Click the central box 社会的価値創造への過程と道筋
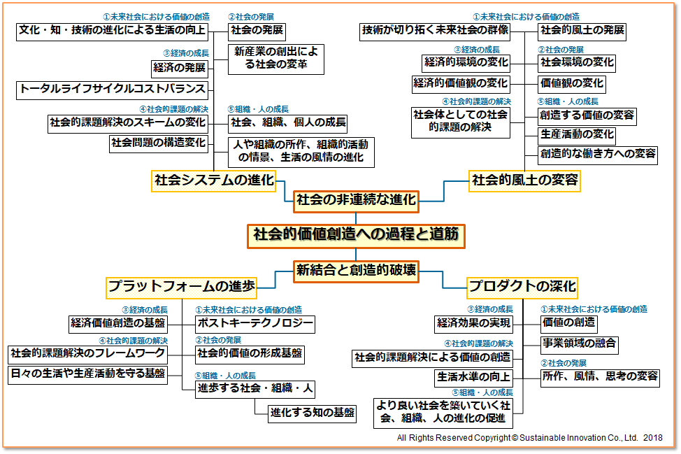click(x=355, y=235)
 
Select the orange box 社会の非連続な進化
click(x=355, y=200)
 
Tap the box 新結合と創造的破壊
click(x=355, y=270)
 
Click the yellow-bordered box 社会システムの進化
click(x=214, y=180)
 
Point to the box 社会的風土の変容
click(x=525, y=180)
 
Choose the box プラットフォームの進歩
click(x=181, y=286)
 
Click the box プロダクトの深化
click(x=522, y=286)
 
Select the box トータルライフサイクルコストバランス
click(x=113, y=89)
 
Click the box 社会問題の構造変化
click(x=159, y=143)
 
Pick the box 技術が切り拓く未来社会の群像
click(x=435, y=31)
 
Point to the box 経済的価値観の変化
click(x=460, y=83)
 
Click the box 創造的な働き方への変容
click(x=598, y=154)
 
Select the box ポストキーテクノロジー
click(x=255, y=324)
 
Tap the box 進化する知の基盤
click(x=313, y=412)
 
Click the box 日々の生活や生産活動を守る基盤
click(x=88, y=374)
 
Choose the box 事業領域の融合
click(x=580, y=343)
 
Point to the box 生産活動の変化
click(x=578, y=134)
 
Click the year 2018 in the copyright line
click(x=653, y=438)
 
